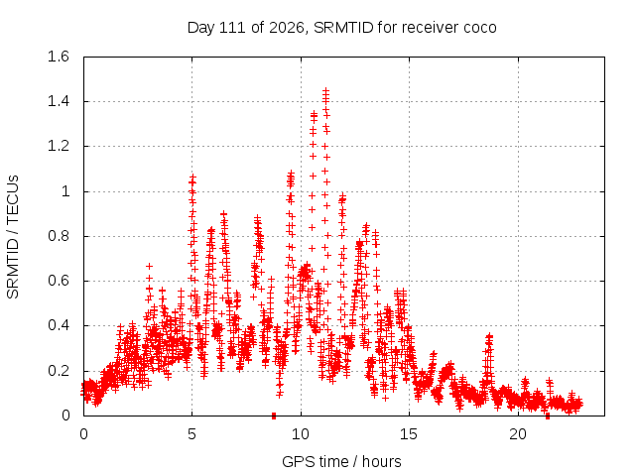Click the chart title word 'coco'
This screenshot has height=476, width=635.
tap(480, 28)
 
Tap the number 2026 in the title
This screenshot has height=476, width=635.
tap(287, 28)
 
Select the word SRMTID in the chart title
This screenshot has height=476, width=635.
tap(343, 28)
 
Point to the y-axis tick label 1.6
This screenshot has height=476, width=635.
tap(59, 57)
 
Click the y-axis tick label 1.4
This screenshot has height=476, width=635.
tap(59, 101)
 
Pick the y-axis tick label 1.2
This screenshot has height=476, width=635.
tap(59, 146)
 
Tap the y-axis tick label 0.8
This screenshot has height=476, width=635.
tap(59, 236)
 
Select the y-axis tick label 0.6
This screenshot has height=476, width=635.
tap(59, 281)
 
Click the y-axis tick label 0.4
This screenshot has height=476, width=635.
tap(59, 325)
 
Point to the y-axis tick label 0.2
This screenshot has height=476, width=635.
tap(59, 371)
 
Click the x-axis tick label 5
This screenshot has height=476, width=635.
tap(191, 434)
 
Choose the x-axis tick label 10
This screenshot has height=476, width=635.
tap(301, 434)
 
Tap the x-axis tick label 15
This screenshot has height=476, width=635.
tap(409, 434)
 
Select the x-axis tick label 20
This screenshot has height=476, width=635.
tap(518, 434)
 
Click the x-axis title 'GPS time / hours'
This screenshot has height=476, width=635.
tap(341, 461)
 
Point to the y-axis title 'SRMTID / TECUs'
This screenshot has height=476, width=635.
tap(13, 237)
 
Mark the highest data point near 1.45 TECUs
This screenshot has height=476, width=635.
tap(325, 91)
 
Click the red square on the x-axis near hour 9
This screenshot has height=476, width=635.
tap(274, 416)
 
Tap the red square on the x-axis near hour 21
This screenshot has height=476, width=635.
tap(548, 416)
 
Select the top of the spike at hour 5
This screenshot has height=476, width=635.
tap(192, 177)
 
